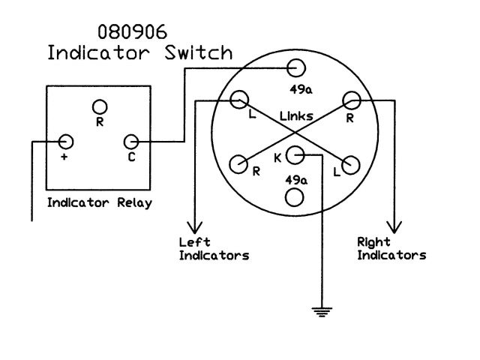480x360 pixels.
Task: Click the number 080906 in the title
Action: click(x=132, y=32)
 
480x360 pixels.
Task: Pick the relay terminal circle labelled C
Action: click(x=132, y=141)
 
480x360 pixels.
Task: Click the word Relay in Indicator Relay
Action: click(x=133, y=202)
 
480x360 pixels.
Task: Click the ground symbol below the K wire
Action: click(x=322, y=310)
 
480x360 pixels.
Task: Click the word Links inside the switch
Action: click(x=296, y=117)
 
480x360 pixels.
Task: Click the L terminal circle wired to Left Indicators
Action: click(x=240, y=99)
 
